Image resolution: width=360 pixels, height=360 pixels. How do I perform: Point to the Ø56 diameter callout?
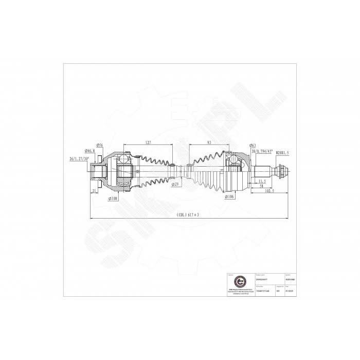pos(100,145)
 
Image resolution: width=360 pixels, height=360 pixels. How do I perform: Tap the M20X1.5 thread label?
pos(282,153)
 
